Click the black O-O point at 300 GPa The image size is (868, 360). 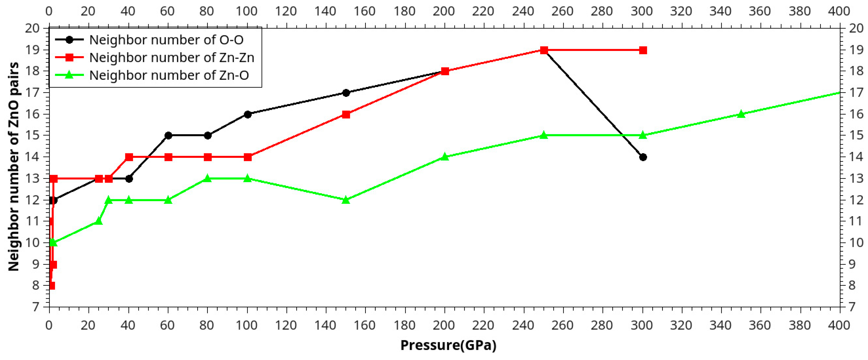coord(643,157)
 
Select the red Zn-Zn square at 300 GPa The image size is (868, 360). coord(643,50)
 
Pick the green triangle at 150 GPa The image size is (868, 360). coord(346,200)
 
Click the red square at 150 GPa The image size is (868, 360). coord(346,114)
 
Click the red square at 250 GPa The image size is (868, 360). coord(544,50)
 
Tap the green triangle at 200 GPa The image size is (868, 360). coord(445,157)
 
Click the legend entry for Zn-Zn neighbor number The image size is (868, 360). coord(171,58)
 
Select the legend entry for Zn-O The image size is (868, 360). coord(169,75)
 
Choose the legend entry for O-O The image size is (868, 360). coord(166,40)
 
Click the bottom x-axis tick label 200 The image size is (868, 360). coord(444,325)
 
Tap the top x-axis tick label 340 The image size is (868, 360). coord(720,11)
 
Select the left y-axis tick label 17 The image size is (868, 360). coord(32,93)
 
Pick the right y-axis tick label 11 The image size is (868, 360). coord(856,221)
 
